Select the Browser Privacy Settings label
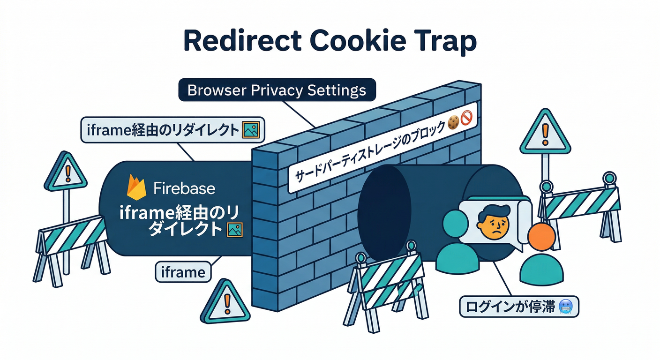[277, 90]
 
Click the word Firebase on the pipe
[184, 188]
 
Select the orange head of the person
[541, 237]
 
